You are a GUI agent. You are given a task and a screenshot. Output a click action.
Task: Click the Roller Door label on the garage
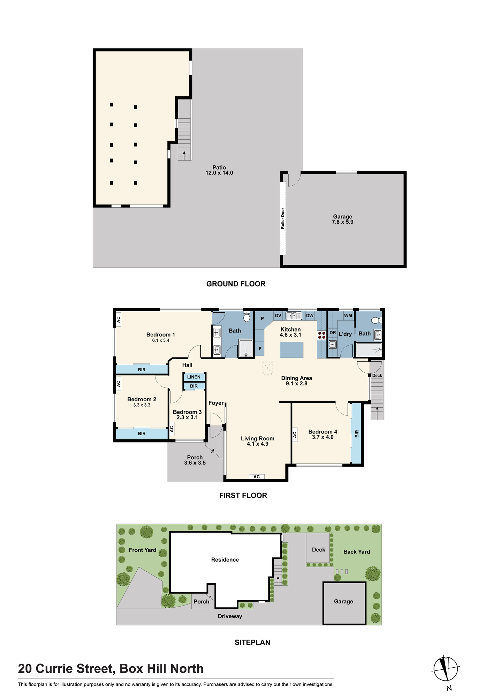[283, 218]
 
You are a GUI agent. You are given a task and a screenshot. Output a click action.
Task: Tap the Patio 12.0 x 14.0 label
[219, 170]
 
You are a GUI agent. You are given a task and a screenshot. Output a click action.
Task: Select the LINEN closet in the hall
[194, 377]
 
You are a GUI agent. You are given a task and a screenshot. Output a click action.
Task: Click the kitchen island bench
[291, 350]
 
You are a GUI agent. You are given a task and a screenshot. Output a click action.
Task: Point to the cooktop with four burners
[322, 335]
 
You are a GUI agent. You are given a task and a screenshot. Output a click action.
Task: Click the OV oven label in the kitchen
[278, 315]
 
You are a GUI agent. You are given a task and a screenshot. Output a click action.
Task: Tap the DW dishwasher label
[310, 315]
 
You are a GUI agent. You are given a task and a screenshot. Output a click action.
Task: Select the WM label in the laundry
[348, 315]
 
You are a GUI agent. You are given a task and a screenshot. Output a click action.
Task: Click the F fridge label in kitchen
[260, 349]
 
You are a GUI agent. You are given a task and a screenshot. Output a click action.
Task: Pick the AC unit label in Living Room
[257, 477]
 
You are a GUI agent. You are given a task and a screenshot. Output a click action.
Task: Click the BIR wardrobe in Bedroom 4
[357, 434]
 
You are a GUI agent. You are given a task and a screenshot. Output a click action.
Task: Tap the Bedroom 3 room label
[187, 415]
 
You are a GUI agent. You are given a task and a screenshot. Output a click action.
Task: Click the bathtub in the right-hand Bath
[369, 350]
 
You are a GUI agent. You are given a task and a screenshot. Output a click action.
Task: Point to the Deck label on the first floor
[377, 376]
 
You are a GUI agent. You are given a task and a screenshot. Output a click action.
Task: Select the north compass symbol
[446, 669]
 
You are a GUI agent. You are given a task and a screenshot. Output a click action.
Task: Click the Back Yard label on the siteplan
[357, 552]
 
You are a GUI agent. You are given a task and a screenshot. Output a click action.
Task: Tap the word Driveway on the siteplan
[230, 616]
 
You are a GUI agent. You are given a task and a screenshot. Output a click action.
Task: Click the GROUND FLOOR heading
[236, 284]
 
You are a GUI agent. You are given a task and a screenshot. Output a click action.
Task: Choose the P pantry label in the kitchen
[262, 319]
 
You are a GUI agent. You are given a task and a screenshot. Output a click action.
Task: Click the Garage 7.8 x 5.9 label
[343, 219]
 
